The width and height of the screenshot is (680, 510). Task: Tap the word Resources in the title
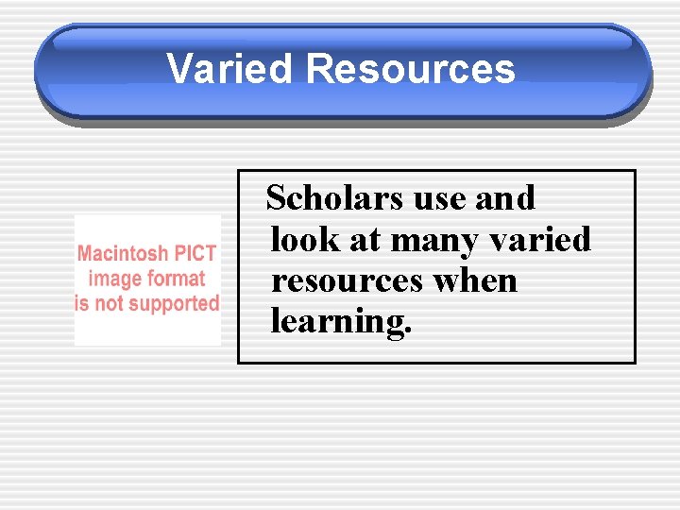(x=411, y=69)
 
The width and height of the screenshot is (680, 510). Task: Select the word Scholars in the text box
(x=324, y=198)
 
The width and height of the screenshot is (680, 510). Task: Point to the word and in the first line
(x=504, y=198)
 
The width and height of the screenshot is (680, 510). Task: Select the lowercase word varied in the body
(x=541, y=240)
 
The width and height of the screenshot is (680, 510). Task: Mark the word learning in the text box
(x=337, y=322)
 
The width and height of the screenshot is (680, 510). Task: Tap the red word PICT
(x=196, y=253)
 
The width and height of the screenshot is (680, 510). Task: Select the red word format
(x=176, y=279)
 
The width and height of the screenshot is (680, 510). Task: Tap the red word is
(x=81, y=304)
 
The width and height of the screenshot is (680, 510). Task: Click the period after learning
(x=409, y=331)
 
